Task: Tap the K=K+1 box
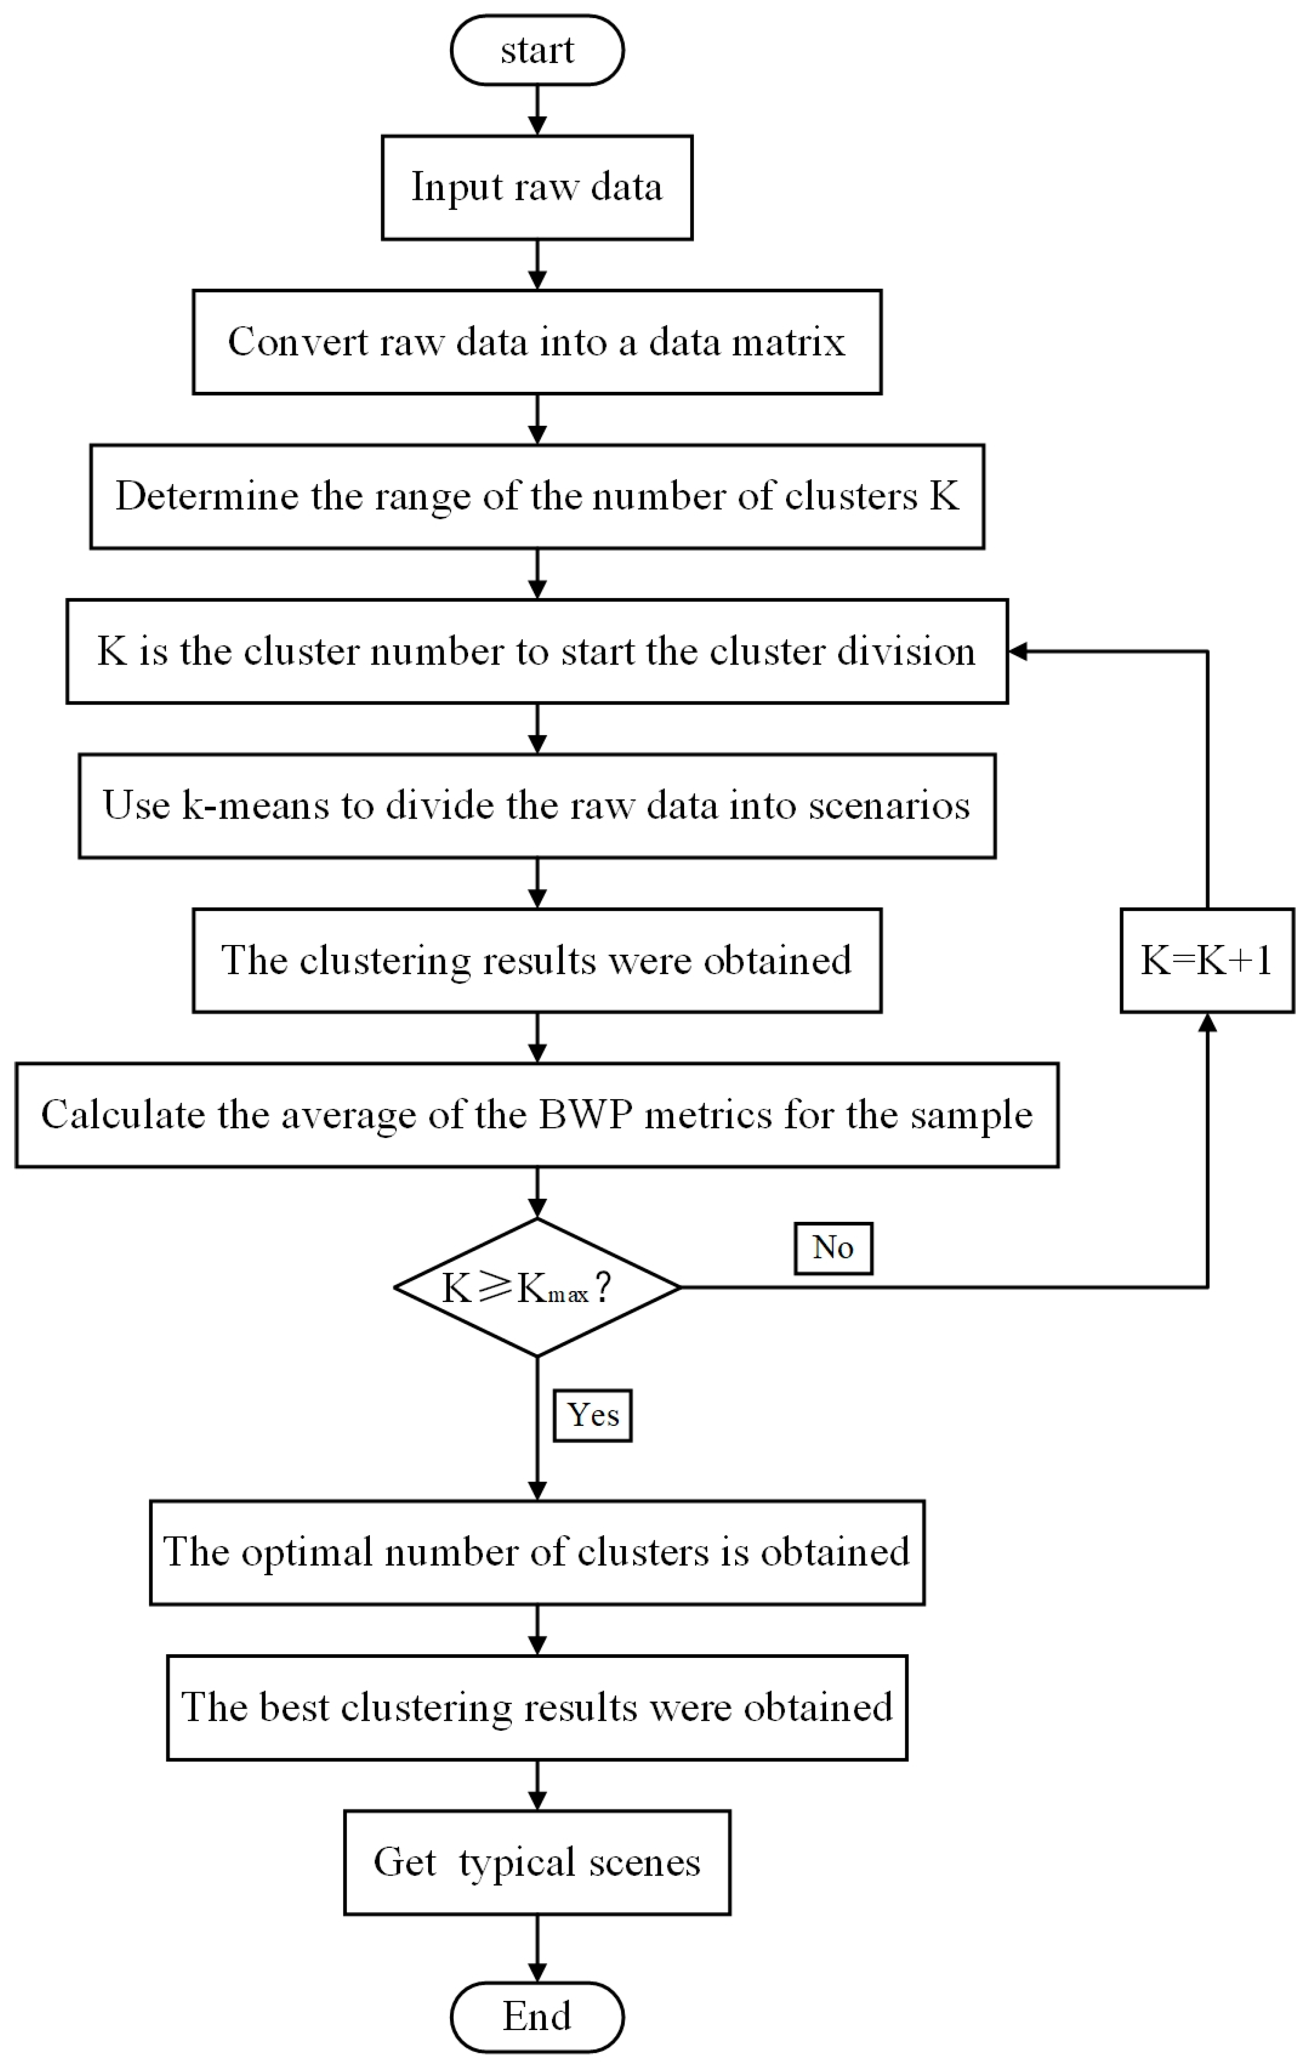[x=1206, y=960]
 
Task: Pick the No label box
[x=833, y=1248]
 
